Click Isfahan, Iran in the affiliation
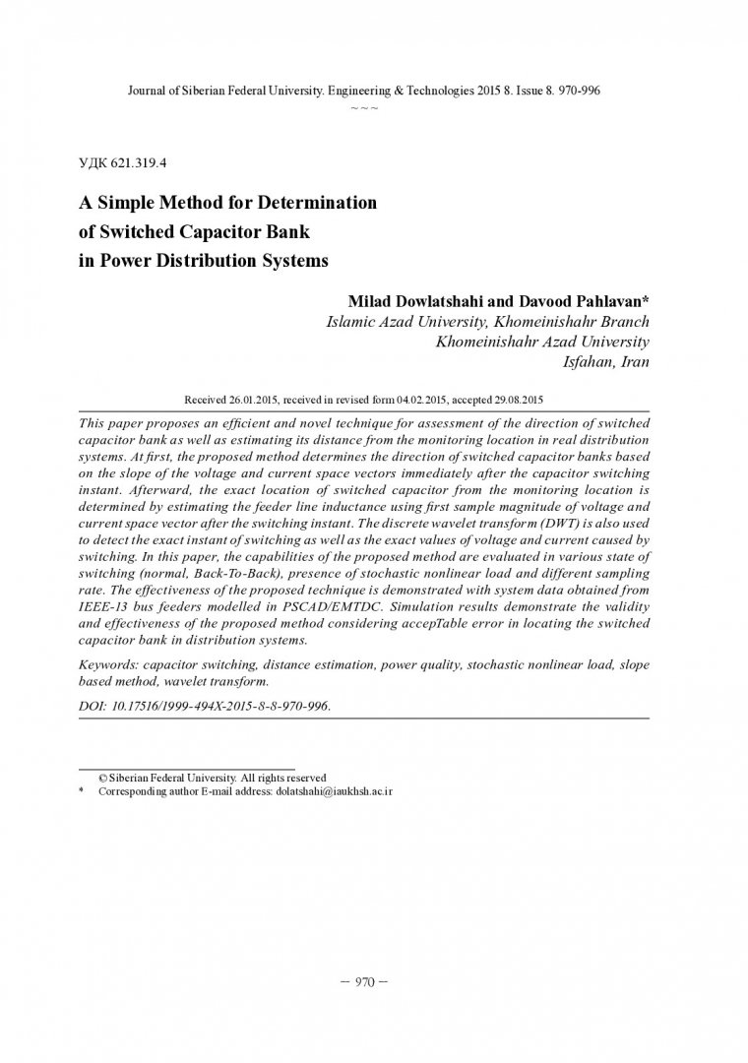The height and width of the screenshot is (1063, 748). tap(605, 361)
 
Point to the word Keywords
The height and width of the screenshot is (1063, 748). tap(108, 664)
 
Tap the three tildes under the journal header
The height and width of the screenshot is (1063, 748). tap(364, 107)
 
